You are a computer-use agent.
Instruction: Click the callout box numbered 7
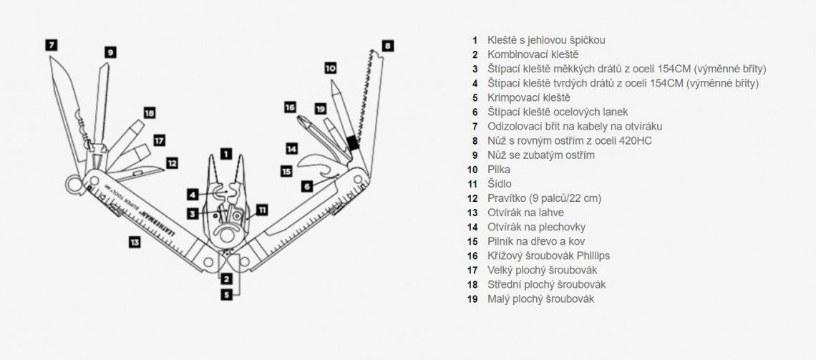tap(51, 44)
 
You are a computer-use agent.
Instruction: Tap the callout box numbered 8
tap(387, 45)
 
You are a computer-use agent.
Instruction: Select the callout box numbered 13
tap(134, 242)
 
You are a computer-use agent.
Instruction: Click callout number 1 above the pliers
tap(225, 152)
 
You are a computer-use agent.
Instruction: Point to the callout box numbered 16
tap(290, 107)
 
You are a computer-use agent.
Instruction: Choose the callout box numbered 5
tap(226, 293)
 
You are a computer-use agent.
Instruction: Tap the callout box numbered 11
tap(262, 210)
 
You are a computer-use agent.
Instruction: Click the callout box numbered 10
tap(330, 68)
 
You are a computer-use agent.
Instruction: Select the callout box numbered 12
tap(171, 162)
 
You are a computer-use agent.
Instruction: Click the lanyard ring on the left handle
tap(73, 185)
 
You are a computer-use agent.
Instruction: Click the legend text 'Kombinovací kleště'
tap(533, 54)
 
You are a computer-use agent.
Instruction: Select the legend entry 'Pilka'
tap(499, 170)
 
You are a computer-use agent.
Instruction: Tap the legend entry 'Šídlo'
tap(500, 184)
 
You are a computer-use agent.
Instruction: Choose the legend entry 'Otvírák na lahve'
tap(525, 213)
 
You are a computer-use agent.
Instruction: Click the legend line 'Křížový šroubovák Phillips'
tap(548, 256)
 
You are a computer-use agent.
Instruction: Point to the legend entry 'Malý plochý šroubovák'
tap(540, 299)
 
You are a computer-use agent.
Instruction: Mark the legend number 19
tap(472, 299)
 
